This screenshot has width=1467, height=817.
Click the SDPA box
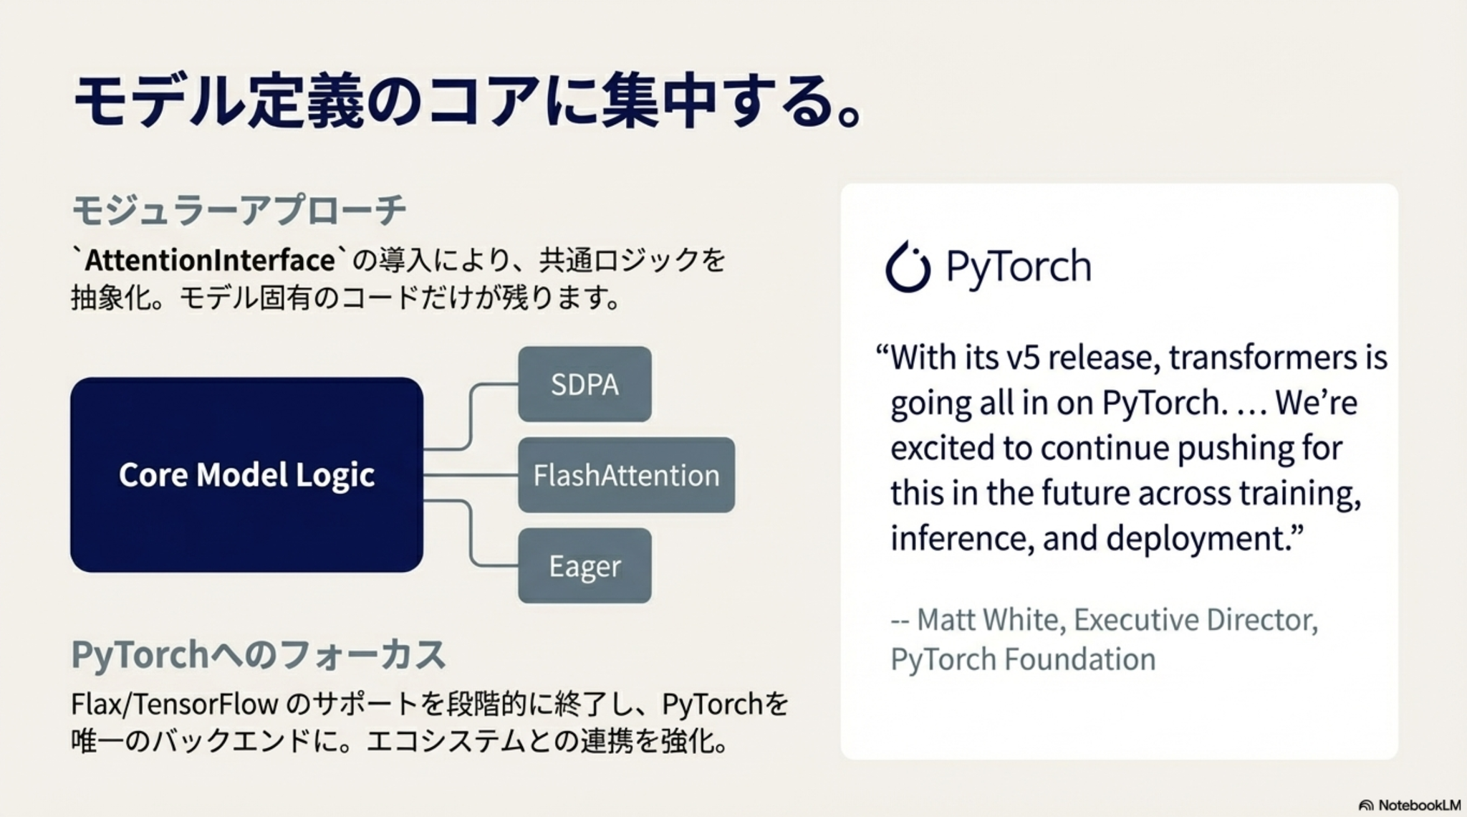(x=585, y=384)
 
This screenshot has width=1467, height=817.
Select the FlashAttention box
(x=626, y=475)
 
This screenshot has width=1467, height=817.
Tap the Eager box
(x=585, y=565)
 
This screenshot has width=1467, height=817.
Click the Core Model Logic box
(x=246, y=474)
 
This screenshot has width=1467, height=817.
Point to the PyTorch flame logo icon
(x=908, y=267)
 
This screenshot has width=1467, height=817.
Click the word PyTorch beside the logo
(x=1019, y=267)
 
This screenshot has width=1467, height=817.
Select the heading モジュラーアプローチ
(x=239, y=210)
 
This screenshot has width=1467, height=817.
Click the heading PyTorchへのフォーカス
(x=259, y=654)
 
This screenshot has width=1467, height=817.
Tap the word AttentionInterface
(x=210, y=260)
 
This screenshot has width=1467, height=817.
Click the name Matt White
(x=988, y=620)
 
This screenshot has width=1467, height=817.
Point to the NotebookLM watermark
(x=1409, y=805)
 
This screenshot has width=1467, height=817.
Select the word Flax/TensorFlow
(x=174, y=704)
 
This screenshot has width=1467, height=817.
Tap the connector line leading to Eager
(x=470, y=533)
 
